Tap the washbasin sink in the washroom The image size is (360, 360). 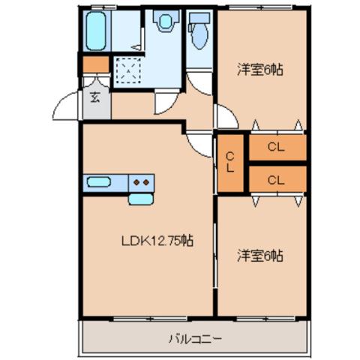click(x=162, y=22)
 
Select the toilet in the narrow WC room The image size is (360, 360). click(x=199, y=32)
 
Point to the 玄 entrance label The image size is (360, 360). click(x=96, y=97)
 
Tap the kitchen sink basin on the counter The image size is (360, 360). click(x=99, y=181)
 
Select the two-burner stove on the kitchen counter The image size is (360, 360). click(x=139, y=181)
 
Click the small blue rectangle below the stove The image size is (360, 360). click(x=139, y=199)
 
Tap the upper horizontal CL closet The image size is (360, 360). click(x=276, y=148)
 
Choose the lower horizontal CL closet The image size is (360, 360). click(x=276, y=179)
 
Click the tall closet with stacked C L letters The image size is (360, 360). click(x=231, y=162)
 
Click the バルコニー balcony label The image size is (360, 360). click(x=194, y=339)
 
